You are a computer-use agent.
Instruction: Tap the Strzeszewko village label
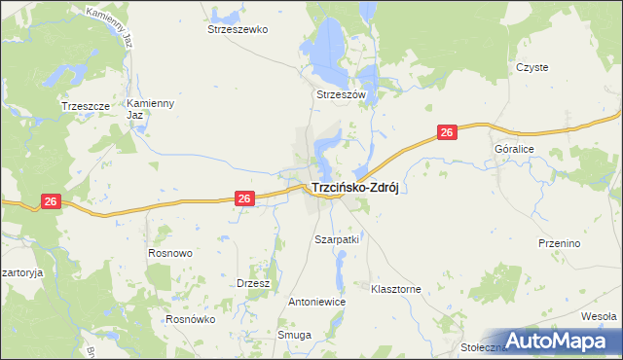pyautogui.click(x=237, y=29)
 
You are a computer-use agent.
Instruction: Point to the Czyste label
pyautogui.click(x=532, y=67)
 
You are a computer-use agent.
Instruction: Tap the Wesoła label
pyautogui.click(x=598, y=316)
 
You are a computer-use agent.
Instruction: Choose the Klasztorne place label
pyautogui.click(x=395, y=289)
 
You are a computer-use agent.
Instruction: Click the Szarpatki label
pyautogui.click(x=337, y=238)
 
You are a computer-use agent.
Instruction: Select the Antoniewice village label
pyautogui.click(x=316, y=302)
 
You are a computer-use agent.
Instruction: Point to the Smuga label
pyautogui.click(x=294, y=335)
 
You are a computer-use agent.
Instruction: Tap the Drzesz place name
pyautogui.click(x=253, y=283)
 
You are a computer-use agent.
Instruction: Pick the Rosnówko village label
pyautogui.click(x=190, y=319)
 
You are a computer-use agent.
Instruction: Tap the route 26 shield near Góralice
pyautogui.click(x=447, y=132)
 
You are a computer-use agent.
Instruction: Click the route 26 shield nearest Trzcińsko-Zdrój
pyautogui.click(x=244, y=198)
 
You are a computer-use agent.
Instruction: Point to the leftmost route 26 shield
pyautogui.click(x=52, y=201)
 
